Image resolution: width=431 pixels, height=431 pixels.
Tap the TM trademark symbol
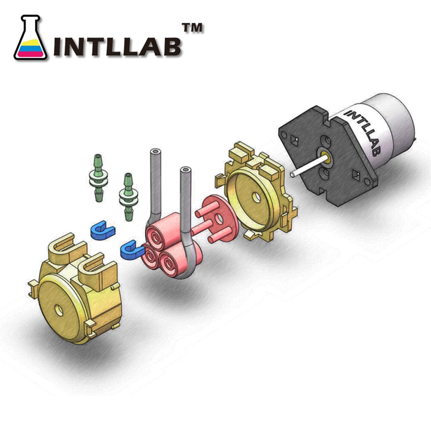[x=192, y=28]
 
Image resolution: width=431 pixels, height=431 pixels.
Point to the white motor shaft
[x=309, y=166]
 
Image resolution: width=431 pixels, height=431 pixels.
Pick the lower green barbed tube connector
[x=128, y=197]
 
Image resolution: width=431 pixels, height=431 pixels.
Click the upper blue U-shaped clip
[x=102, y=230]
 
